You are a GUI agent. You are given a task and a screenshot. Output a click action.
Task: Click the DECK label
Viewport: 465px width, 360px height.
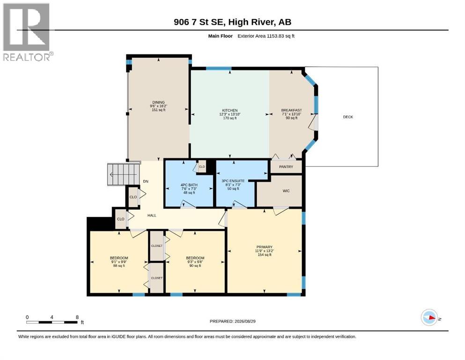point(348,117)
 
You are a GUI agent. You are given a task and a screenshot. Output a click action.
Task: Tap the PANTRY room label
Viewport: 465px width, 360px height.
point(286,167)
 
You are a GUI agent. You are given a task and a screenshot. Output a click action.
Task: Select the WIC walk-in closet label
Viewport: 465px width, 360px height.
point(286,191)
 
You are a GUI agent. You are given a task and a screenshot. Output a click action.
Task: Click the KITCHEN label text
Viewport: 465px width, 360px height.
point(230,111)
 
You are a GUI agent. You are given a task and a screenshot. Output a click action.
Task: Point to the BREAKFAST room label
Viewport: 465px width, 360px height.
point(292,111)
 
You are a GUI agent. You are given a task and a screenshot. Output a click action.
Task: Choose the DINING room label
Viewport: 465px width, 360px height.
point(159,102)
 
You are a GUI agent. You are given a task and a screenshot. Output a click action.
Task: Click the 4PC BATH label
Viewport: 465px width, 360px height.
point(189,185)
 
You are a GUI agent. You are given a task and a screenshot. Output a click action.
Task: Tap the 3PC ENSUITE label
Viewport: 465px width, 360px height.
point(233,181)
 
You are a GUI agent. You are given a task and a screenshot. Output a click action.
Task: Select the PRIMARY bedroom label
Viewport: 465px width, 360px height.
point(264,247)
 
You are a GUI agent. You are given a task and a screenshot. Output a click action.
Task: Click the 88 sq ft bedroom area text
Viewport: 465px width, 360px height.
point(119,266)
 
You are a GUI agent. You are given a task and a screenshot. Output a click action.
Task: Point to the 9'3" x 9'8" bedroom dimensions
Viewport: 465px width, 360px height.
point(195,262)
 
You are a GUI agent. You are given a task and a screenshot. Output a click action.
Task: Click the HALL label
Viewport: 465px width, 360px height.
point(152,216)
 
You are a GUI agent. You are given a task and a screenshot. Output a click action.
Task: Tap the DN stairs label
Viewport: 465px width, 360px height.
point(146,181)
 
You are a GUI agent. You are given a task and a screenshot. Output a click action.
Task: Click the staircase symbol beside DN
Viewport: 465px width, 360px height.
point(123,174)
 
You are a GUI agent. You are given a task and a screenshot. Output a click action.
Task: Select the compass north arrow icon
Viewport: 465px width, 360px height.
point(429,317)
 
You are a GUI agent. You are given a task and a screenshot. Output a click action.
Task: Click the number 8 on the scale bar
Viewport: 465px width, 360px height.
point(77,317)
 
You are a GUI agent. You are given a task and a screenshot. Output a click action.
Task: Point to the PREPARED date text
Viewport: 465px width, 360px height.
point(232,321)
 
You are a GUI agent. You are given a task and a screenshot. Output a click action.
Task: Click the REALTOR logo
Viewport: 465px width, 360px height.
point(28,32)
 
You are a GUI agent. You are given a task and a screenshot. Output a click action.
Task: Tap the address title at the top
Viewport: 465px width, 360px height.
point(232,22)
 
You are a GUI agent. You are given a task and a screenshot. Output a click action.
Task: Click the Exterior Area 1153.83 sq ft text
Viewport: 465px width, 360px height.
point(266,36)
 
